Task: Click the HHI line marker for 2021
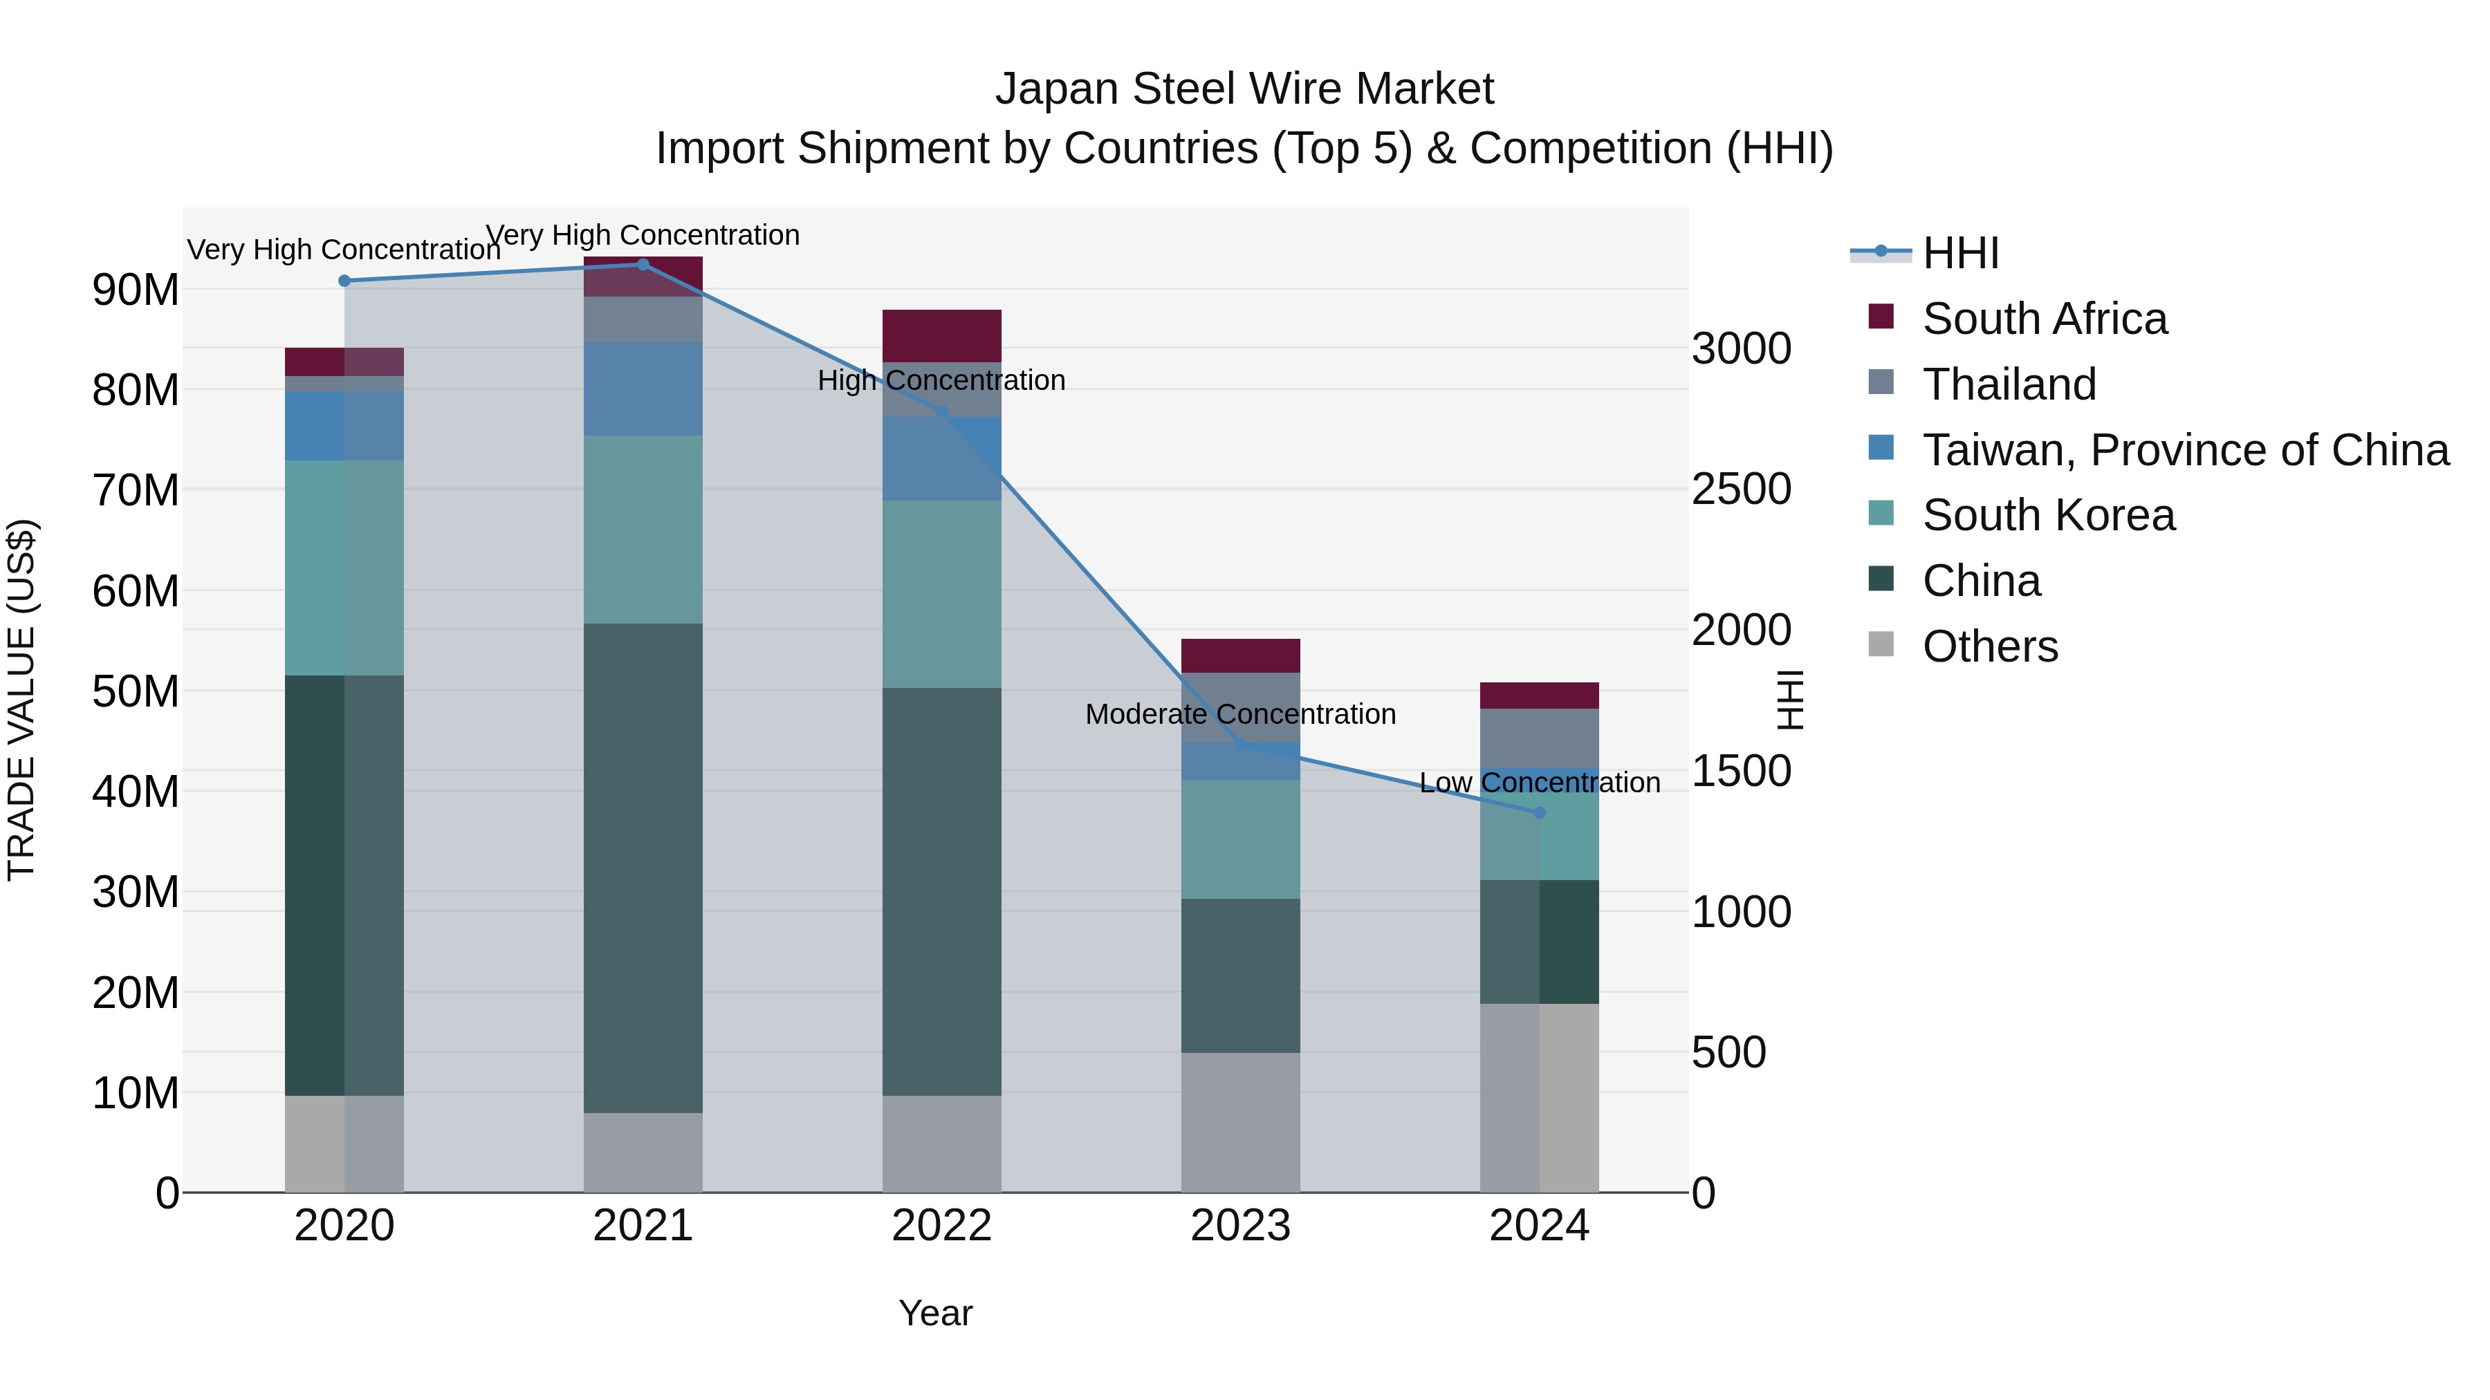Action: pyautogui.click(x=643, y=265)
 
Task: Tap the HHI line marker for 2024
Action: pyautogui.click(x=1540, y=812)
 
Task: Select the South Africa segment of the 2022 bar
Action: pyautogui.click(x=941, y=336)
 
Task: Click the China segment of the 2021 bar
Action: pyautogui.click(x=643, y=868)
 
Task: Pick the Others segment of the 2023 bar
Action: pyautogui.click(x=1240, y=1122)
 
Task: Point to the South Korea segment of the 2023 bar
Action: pyautogui.click(x=1240, y=839)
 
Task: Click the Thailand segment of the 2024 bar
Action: pyautogui.click(x=1539, y=738)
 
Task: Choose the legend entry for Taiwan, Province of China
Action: pyautogui.click(x=2184, y=450)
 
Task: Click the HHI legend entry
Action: pyautogui.click(x=1960, y=253)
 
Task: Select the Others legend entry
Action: pyautogui.click(x=1989, y=646)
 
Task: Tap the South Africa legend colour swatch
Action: pyautogui.click(x=1881, y=316)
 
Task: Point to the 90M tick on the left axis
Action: pyautogui.click(x=136, y=290)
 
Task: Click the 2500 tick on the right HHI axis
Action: pyautogui.click(x=1741, y=489)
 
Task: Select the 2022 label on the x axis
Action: pyautogui.click(x=941, y=1226)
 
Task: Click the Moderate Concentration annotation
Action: pyautogui.click(x=1240, y=714)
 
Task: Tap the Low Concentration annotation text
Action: pyautogui.click(x=1540, y=783)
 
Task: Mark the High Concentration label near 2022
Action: pyautogui.click(x=941, y=381)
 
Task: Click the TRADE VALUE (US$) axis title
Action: pyautogui.click(x=21, y=700)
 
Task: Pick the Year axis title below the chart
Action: pyautogui.click(x=934, y=1313)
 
